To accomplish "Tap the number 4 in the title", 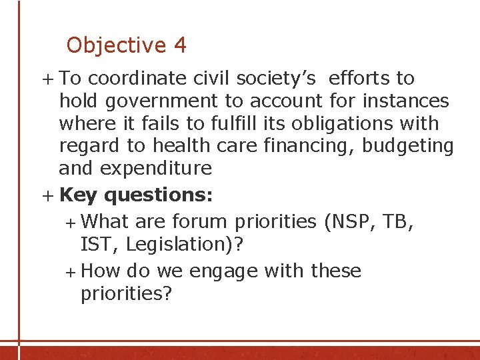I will (x=180, y=45).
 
